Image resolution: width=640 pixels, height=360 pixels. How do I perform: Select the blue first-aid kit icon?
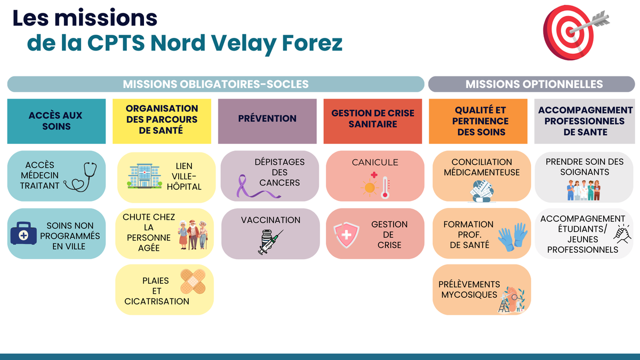click(x=23, y=233)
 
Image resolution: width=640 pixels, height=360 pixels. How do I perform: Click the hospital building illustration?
click(x=145, y=176)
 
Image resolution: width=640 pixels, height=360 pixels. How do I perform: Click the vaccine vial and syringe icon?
click(x=270, y=242)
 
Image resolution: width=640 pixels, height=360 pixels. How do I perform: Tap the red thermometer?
click(x=385, y=188)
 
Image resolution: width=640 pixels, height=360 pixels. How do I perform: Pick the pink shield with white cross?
click(x=346, y=235)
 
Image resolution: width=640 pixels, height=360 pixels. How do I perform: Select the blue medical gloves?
click(x=513, y=237)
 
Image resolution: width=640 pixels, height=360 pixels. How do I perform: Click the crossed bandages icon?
click(x=193, y=282)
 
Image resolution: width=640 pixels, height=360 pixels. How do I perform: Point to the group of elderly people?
click(x=193, y=235)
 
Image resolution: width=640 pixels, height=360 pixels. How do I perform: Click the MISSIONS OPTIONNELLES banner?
click(x=531, y=84)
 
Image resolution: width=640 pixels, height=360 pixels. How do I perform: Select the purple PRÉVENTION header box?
click(x=267, y=121)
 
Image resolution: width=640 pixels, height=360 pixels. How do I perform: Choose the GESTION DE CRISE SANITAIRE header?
click(x=373, y=121)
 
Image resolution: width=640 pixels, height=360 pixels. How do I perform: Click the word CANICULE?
click(x=375, y=162)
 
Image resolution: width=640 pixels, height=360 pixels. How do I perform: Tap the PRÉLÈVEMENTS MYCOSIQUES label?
click(x=469, y=290)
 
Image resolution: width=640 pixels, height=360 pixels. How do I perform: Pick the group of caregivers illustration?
click(x=583, y=190)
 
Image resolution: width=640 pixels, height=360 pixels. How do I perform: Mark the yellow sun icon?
click(x=370, y=188)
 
